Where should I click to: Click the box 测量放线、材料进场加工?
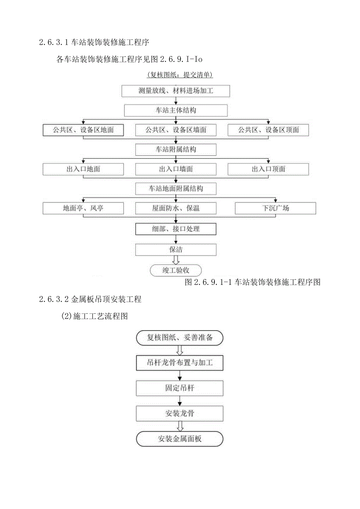(x=176, y=91)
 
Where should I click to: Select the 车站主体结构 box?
(x=176, y=110)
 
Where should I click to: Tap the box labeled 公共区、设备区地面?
(x=83, y=130)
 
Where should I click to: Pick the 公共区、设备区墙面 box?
(x=176, y=130)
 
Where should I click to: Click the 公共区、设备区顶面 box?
(x=268, y=130)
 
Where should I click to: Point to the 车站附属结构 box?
(x=176, y=149)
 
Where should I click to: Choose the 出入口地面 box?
(x=83, y=169)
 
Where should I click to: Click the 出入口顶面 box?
(x=268, y=169)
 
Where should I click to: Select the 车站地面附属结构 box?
(x=176, y=189)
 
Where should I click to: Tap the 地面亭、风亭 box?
(x=83, y=208)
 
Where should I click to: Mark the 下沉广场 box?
(x=275, y=208)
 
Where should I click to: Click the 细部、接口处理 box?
(x=176, y=229)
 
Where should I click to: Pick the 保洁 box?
(x=176, y=250)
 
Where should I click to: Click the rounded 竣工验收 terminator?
(x=176, y=270)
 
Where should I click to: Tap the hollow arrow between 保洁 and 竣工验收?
(x=176, y=260)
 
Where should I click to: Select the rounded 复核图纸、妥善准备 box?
(x=180, y=338)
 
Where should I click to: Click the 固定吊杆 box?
(x=180, y=388)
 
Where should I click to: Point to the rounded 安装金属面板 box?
(x=180, y=439)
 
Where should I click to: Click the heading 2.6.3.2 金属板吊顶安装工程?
(x=90, y=300)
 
